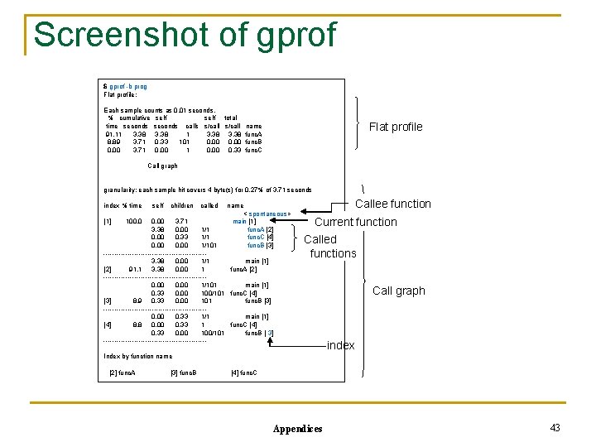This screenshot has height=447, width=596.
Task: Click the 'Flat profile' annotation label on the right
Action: [x=395, y=127]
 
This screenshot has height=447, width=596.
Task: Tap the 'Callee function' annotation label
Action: [x=392, y=204]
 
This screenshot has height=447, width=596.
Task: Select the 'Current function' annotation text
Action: [x=357, y=222]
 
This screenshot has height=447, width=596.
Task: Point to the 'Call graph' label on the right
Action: [x=398, y=291]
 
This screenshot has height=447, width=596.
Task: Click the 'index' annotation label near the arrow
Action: [x=340, y=345]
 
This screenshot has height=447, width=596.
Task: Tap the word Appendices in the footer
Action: [x=297, y=428]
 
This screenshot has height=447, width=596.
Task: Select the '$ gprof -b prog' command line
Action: [x=125, y=86]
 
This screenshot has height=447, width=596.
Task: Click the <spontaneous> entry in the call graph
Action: [x=267, y=214]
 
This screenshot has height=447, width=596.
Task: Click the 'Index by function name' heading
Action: [x=137, y=356]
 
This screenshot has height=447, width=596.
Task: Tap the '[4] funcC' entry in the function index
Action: [x=244, y=373]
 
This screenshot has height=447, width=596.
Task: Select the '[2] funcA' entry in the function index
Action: [x=123, y=373]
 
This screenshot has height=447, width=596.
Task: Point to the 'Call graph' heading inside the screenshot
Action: [x=162, y=166]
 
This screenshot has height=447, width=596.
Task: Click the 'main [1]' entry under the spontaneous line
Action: [x=244, y=222]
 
